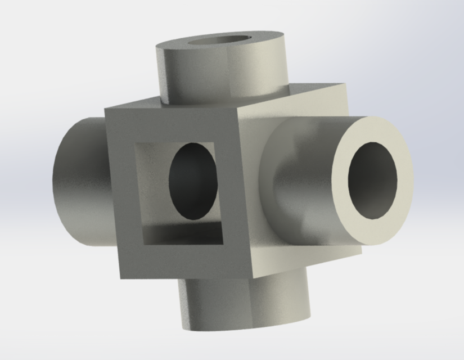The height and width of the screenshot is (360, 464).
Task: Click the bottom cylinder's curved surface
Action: pyautogui.click(x=242, y=304)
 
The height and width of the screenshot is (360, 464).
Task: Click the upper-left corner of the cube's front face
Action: pyautogui.click(x=106, y=108)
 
